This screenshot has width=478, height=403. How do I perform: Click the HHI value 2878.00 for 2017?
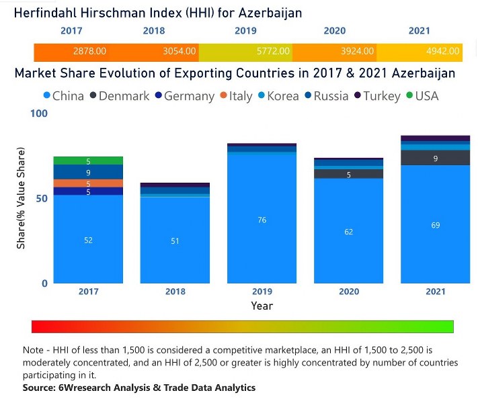click(89, 51)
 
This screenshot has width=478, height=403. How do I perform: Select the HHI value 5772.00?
click(274, 51)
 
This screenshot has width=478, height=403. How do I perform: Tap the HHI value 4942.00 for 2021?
click(444, 51)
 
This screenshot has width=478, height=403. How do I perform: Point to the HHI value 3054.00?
click(180, 51)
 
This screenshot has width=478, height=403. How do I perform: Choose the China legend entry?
click(63, 96)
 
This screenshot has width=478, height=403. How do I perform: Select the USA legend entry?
click(422, 96)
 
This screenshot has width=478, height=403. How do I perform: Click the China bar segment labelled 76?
click(262, 220)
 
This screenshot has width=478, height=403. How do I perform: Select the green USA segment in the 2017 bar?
click(88, 161)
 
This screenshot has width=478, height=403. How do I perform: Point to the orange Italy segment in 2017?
click(88, 183)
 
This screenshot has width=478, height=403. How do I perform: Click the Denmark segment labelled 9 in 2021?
click(436, 159)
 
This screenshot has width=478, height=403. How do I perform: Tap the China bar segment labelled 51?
click(175, 240)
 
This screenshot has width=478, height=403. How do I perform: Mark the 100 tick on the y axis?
click(40, 114)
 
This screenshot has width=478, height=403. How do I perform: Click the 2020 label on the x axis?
click(348, 292)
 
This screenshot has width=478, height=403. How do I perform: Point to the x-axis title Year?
click(262, 306)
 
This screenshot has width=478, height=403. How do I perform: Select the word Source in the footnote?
click(40, 388)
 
